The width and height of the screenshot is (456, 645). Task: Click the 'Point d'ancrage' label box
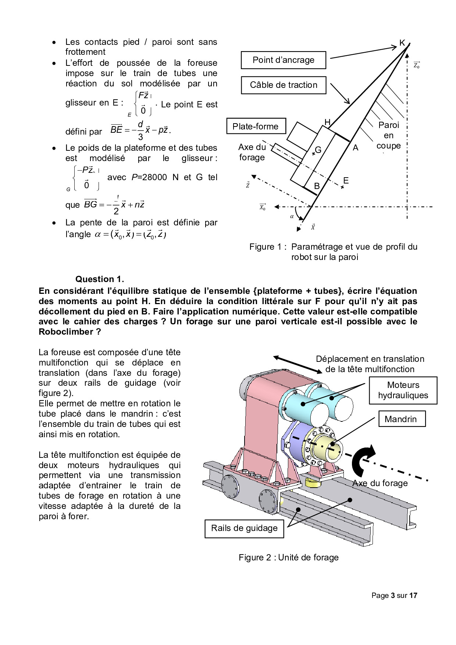(x=283, y=60)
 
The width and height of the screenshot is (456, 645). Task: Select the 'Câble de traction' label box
(x=283, y=85)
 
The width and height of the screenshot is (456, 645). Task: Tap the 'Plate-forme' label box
(x=255, y=126)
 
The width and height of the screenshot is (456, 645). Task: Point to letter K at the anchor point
(x=402, y=43)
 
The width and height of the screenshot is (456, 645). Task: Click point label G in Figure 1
(x=318, y=150)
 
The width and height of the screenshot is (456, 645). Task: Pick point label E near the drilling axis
(x=346, y=181)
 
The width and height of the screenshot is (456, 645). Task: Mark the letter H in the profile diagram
(x=327, y=122)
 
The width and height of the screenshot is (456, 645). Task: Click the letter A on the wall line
(x=355, y=148)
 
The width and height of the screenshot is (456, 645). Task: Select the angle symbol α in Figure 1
(x=292, y=217)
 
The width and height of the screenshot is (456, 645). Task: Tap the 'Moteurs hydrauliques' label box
(x=403, y=390)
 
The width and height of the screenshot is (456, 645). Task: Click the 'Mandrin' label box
(x=400, y=419)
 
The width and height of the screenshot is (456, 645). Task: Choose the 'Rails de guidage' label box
(x=244, y=528)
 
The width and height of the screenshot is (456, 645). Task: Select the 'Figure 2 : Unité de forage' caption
(x=288, y=557)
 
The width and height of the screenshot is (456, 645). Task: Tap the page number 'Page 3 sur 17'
(x=394, y=595)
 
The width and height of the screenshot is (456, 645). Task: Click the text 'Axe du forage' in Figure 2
(x=380, y=483)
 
